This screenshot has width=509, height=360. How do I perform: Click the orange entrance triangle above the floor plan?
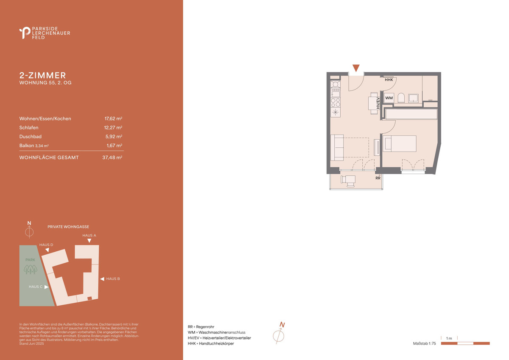point(356,68)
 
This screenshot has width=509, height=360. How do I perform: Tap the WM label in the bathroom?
point(389,98)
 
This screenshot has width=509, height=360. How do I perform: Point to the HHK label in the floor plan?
point(389,80)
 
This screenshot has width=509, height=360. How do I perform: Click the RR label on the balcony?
point(378,178)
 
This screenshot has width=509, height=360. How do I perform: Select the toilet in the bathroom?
point(401,98)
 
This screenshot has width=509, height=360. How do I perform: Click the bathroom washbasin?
point(413,98)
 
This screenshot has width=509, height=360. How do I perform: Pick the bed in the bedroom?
point(400,144)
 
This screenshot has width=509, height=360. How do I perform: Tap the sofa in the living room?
point(337,148)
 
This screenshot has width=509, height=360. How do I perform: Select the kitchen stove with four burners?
point(336,103)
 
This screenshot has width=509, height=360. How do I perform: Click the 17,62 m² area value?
point(113,118)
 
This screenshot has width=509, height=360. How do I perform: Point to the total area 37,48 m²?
point(112,157)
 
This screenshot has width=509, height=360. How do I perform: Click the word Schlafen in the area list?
point(29,128)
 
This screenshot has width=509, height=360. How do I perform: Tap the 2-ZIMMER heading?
point(43,75)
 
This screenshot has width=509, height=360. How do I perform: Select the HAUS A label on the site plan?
point(89,235)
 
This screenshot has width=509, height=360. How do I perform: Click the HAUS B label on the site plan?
point(113,278)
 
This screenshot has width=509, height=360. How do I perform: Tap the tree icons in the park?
point(31,269)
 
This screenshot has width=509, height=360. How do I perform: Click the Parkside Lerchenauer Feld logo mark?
point(25,33)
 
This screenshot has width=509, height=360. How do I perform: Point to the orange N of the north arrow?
point(282,325)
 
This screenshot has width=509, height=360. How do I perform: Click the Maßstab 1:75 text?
point(425,343)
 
